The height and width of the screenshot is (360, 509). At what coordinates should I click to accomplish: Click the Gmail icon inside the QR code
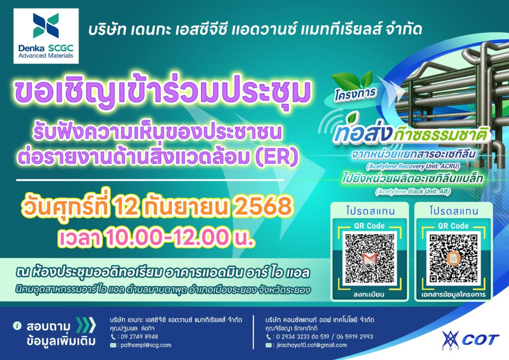(369, 259)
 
